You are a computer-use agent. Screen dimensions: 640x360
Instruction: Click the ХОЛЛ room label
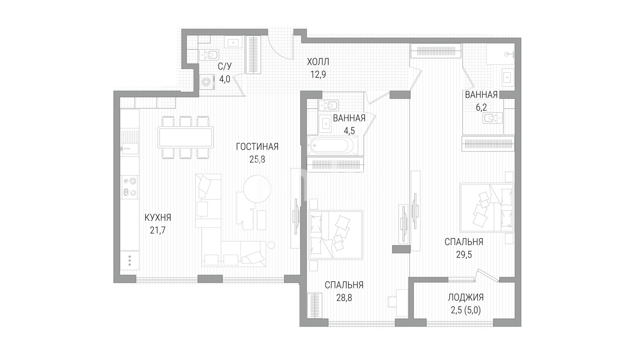pos(318,62)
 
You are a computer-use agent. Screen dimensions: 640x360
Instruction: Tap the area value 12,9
pos(318,75)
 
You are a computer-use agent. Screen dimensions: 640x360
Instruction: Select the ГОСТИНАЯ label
pos(257,147)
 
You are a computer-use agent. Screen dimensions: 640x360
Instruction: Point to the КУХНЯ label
pos(158,217)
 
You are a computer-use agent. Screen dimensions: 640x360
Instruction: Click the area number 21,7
pos(158,230)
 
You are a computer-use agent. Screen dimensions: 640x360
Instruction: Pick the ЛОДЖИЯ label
pos(466,297)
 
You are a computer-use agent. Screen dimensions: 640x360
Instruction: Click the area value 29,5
pos(464,255)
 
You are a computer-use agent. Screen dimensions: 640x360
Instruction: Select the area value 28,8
pos(344,298)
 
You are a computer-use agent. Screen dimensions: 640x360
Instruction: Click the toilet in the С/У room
pos(209,55)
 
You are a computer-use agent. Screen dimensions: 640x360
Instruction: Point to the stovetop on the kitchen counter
pos(129,187)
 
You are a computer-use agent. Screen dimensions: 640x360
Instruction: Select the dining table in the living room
pos(185,137)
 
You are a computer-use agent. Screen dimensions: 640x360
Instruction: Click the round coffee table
pos(257,189)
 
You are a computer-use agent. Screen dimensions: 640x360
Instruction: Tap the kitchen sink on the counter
pos(129,148)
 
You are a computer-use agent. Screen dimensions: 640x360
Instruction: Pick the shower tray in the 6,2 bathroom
pos(500,54)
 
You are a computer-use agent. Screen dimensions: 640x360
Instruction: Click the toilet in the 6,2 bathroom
pos(492,118)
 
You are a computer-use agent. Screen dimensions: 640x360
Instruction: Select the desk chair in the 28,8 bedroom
pos(392,302)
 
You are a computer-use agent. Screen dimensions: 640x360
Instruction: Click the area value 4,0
pos(225,79)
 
